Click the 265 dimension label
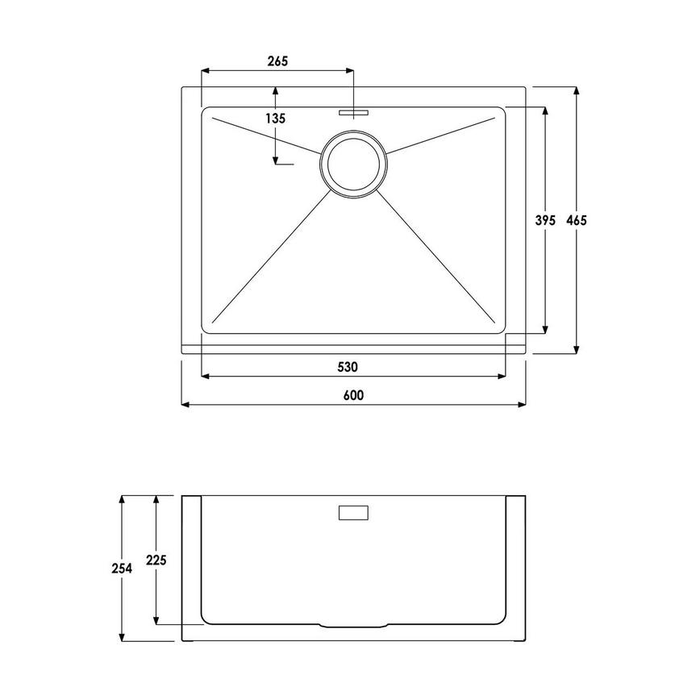click(x=276, y=61)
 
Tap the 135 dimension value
click(x=276, y=118)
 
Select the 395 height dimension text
click(x=546, y=219)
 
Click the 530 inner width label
click(x=347, y=367)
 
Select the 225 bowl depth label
click(x=156, y=560)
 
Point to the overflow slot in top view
click(x=355, y=113)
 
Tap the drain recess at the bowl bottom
click(x=355, y=626)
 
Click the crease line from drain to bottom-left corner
click(x=270, y=256)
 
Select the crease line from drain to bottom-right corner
click(x=440, y=256)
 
